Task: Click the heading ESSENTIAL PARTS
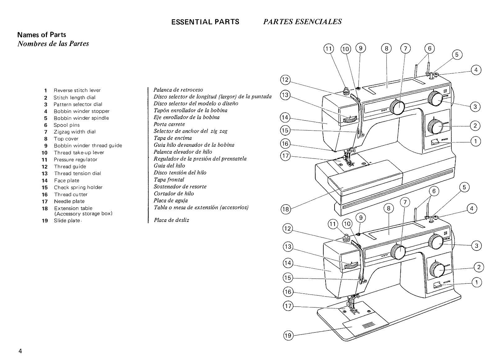205,22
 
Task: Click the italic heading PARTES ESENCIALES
302,21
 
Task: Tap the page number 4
20,351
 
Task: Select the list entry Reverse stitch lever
77,90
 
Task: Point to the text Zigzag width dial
75,132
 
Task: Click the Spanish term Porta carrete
169,124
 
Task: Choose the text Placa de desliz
171,220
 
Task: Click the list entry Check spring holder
78,187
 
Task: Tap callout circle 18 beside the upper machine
285,209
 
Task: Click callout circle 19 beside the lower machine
288,335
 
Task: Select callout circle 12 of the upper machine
285,80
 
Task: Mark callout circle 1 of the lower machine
476,282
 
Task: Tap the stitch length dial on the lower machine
437,270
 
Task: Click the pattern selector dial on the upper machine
435,99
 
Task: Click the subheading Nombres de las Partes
53,44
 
